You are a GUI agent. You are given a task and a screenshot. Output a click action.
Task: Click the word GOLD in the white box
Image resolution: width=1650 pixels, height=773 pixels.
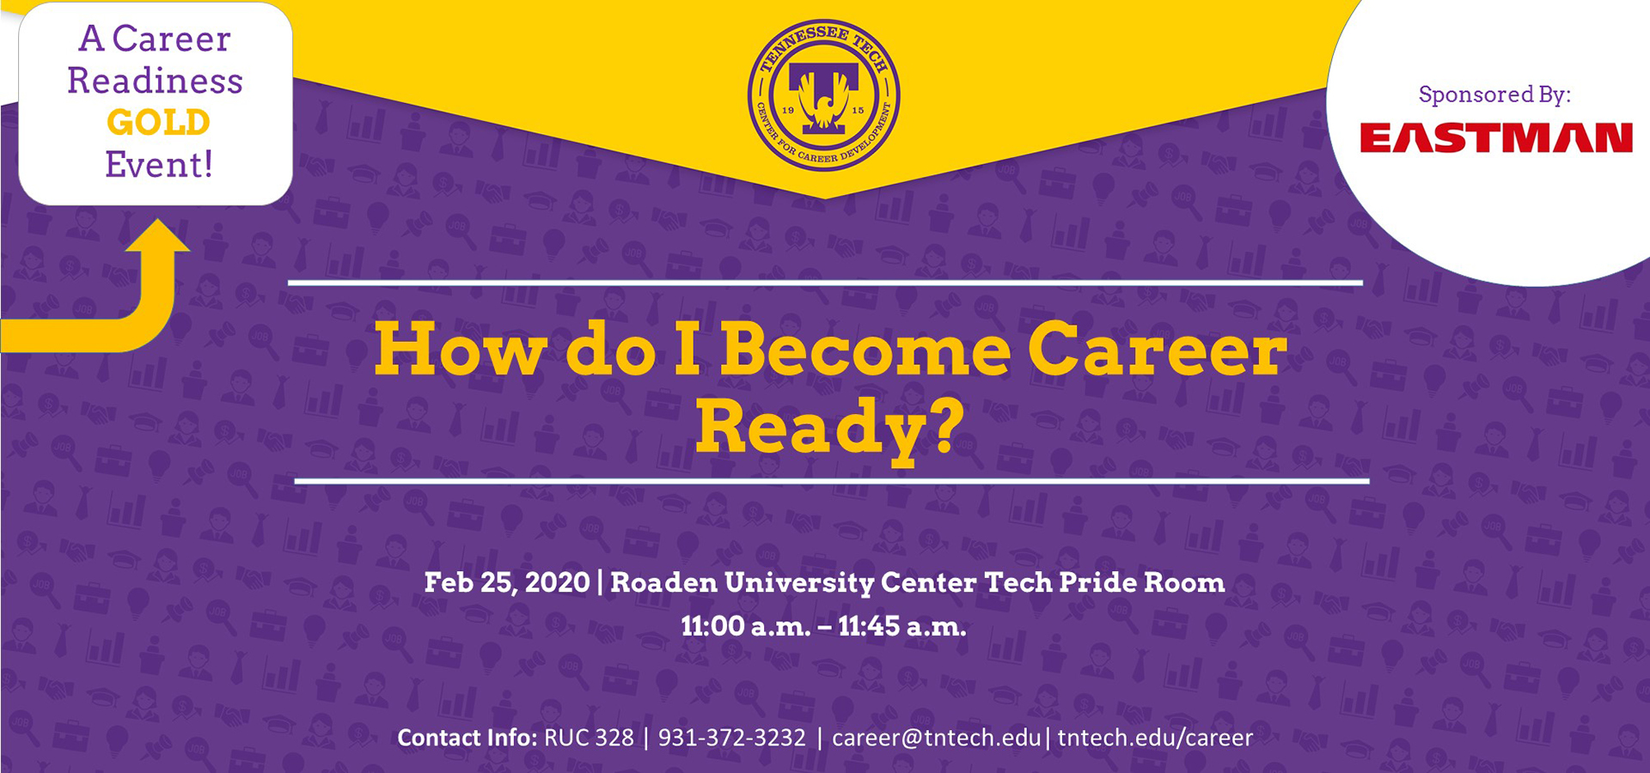coord(158,123)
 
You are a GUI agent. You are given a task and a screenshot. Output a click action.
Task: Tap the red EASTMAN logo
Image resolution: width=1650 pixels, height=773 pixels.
coord(1496,138)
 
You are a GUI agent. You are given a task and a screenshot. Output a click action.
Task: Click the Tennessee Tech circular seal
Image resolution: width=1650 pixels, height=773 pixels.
coord(824,95)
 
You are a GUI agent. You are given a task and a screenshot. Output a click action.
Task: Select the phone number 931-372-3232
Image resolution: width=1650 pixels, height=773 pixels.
coord(732,738)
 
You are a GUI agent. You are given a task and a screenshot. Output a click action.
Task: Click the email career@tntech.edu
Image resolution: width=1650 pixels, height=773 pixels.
coord(937,738)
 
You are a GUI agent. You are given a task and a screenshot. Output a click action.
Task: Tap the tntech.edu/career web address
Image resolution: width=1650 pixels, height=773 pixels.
coord(1155,738)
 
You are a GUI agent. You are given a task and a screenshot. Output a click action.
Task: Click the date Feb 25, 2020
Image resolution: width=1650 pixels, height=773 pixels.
coord(507,583)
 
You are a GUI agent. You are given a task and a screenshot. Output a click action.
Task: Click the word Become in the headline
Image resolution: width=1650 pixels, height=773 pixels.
coord(865,350)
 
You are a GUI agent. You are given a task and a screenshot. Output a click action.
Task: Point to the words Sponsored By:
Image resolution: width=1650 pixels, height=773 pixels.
coord(1494,94)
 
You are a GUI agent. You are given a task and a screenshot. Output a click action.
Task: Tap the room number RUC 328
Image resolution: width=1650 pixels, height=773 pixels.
coord(589,738)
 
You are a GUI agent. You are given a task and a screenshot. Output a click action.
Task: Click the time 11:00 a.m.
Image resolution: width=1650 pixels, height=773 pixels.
coord(746,626)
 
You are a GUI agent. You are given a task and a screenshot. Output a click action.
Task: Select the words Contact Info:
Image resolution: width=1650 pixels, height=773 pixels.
coord(467,738)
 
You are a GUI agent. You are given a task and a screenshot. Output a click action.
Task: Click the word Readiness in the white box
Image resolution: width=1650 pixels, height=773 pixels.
coord(156,81)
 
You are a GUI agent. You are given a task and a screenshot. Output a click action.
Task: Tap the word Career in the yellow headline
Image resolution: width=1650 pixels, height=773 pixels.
coord(1158,350)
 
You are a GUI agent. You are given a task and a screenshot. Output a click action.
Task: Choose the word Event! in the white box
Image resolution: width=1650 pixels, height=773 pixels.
coord(159,164)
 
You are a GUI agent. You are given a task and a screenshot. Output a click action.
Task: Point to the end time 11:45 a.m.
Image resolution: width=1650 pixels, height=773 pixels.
coord(902,626)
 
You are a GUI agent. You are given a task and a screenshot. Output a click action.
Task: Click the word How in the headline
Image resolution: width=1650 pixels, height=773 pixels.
coord(461,350)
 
